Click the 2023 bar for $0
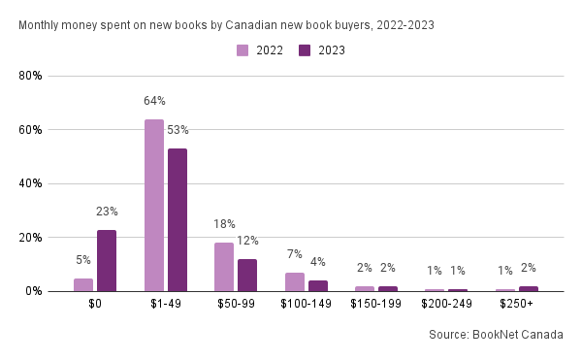point(107,260)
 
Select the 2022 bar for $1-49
point(154,206)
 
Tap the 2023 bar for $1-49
point(178,220)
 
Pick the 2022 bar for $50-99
point(224,267)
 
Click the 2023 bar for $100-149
point(318,286)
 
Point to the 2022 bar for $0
point(83,285)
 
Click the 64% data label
point(154,101)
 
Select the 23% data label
point(107,212)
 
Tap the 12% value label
point(247,241)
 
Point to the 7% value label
point(294,254)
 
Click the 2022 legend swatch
point(242,50)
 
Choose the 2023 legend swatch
point(305,50)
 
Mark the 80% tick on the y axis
point(30,76)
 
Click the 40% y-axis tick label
point(30,183)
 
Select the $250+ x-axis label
point(516,304)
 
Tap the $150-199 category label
point(376,304)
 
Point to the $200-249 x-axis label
point(446,304)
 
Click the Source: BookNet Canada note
point(496,335)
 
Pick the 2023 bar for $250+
point(529,289)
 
